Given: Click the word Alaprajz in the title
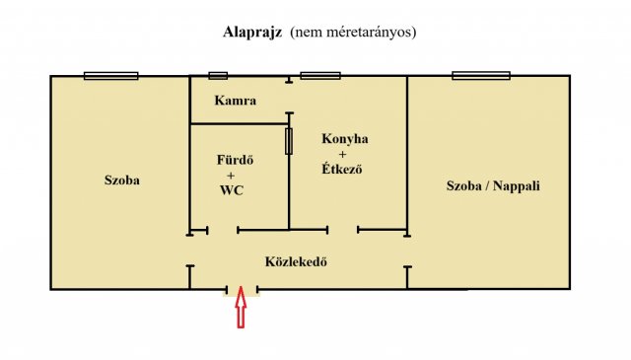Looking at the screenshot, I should pyautogui.click(x=254, y=32).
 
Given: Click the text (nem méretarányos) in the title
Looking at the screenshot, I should pyautogui.click(x=353, y=32).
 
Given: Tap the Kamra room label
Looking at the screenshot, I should pyautogui.click(x=236, y=101).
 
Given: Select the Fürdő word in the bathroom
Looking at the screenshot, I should pyautogui.click(x=236, y=159).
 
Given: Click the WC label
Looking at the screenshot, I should pyautogui.click(x=232, y=190).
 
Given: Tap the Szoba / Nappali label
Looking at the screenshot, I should pyautogui.click(x=493, y=185).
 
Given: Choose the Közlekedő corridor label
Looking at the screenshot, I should pyautogui.click(x=295, y=262).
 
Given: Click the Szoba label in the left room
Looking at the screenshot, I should pyautogui.click(x=122, y=180).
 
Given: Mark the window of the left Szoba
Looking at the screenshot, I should pyautogui.click(x=110, y=76).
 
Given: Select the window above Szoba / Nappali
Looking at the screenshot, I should pyautogui.click(x=481, y=76).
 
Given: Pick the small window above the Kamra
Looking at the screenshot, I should pyautogui.click(x=218, y=76).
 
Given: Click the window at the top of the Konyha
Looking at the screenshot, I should pyautogui.click(x=320, y=76).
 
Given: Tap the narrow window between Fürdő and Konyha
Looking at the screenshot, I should pyautogui.click(x=289, y=141).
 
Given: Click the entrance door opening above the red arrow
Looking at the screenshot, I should pyautogui.click(x=242, y=290).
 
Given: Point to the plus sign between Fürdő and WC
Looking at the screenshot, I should pyautogui.click(x=236, y=175).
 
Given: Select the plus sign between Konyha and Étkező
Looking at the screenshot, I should pyautogui.click(x=342, y=154).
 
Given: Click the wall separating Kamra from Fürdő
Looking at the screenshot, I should pyautogui.click(x=239, y=124).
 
